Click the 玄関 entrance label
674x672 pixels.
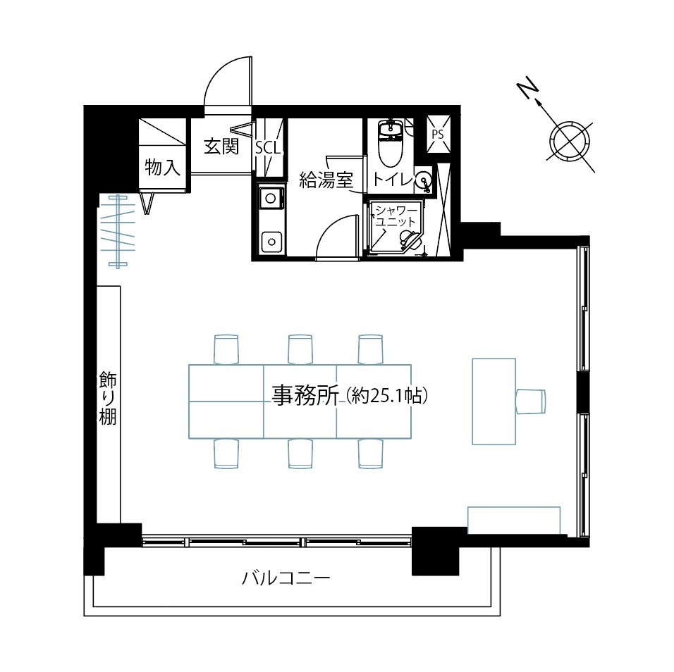[221, 146]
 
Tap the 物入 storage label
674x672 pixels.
[162, 167]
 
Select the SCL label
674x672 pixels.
[268, 148]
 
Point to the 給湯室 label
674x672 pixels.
[326, 180]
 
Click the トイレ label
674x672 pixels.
[393, 179]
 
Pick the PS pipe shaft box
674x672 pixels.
[439, 134]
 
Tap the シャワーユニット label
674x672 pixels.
[396, 216]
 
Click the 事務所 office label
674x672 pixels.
[305, 395]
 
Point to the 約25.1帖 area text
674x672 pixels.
[387, 396]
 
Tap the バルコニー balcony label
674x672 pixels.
[286, 578]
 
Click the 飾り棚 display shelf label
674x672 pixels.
[107, 398]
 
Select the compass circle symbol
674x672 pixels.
[570, 142]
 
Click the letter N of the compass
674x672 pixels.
[528, 88]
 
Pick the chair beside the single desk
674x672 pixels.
[530, 402]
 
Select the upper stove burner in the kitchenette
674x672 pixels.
[270, 199]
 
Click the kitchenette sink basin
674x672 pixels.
[271, 242]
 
